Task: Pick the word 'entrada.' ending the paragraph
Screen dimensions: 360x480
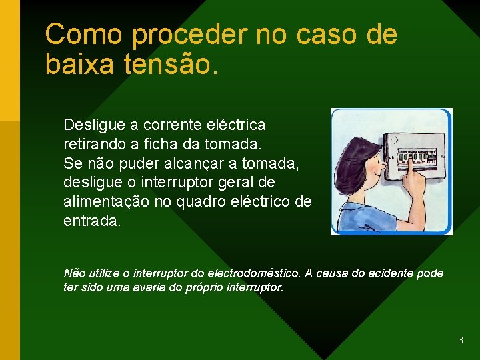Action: tap(92, 221)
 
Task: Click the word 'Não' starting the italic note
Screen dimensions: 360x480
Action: tap(74, 273)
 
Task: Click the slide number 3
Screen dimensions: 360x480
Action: tap(460, 341)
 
